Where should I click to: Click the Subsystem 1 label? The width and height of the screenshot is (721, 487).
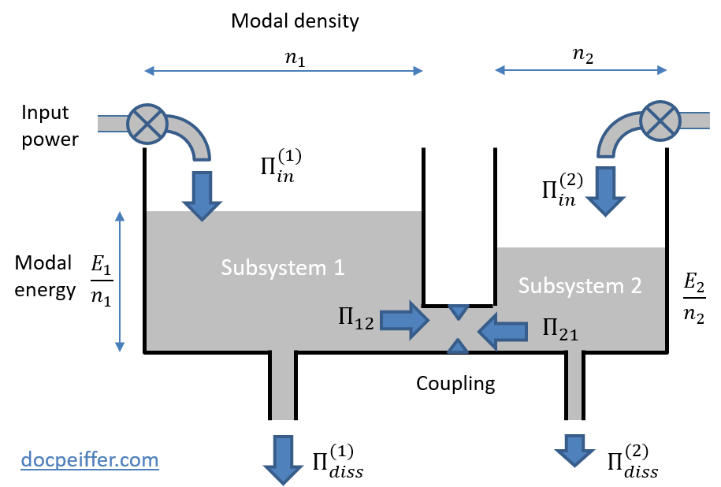tap(282, 267)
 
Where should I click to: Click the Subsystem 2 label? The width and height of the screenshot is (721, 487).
tap(580, 285)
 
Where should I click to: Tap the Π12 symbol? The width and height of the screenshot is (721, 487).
tap(352, 320)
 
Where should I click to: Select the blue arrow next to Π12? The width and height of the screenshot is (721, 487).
tap(405, 320)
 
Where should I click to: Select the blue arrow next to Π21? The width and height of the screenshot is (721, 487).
tap(503, 330)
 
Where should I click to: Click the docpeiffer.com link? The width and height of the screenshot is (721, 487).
tap(89, 459)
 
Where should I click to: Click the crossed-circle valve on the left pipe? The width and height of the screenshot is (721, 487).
tap(147, 125)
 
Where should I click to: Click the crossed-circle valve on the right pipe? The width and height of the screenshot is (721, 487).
tap(660, 121)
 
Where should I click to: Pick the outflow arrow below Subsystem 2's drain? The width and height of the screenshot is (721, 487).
tap(574, 451)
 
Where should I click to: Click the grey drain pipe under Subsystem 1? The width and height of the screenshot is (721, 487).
tap(283, 385)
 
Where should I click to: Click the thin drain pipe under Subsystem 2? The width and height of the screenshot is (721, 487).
tap(574, 385)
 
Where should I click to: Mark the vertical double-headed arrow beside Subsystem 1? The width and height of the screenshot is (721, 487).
tap(120, 281)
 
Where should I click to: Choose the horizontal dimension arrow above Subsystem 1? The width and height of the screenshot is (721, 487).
tap(284, 71)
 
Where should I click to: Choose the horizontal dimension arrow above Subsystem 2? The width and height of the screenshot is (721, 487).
tap(581, 70)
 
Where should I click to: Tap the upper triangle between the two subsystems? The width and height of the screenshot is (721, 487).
tap(458, 312)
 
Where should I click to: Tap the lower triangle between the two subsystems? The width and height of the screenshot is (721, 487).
tap(458, 345)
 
